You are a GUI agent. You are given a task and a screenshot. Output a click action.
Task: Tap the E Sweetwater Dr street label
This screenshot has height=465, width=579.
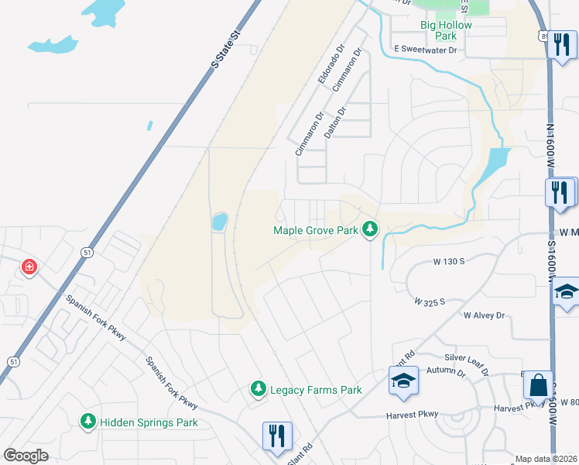tap(426, 50)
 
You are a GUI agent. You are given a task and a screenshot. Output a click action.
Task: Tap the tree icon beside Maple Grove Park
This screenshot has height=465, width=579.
tap(371, 229)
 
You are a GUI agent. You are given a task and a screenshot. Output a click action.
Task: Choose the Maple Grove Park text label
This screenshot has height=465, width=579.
tap(316, 230)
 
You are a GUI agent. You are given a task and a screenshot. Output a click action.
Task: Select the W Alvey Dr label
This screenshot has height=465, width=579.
tap(484, 315)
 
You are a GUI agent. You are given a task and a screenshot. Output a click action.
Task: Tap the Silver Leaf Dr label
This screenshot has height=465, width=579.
tap(468, 364)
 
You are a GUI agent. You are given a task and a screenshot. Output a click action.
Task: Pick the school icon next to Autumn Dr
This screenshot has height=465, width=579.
tap(403, 381)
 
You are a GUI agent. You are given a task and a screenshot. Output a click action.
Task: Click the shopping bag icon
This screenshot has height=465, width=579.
tap(538, 385)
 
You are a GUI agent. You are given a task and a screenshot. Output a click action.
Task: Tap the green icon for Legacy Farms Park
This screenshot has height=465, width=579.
tap(259, 389)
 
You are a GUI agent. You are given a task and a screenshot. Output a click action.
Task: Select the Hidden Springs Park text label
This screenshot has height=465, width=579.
tap(148, 422)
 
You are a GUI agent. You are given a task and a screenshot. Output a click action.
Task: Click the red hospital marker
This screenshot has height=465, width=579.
tap(29, 267)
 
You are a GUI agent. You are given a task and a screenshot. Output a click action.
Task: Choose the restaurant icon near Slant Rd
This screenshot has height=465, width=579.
tap(276, 434)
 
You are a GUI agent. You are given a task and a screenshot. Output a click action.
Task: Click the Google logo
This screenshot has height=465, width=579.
tap(26, 456)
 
